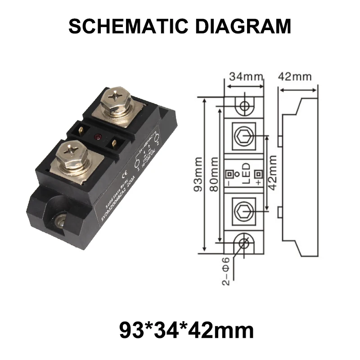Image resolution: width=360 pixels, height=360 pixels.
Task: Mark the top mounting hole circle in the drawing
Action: click(x=245, y=107)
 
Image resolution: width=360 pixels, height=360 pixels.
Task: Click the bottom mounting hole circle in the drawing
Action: click(x=245, y=243)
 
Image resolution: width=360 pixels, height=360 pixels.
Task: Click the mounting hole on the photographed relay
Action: click(x=60, y=220)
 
